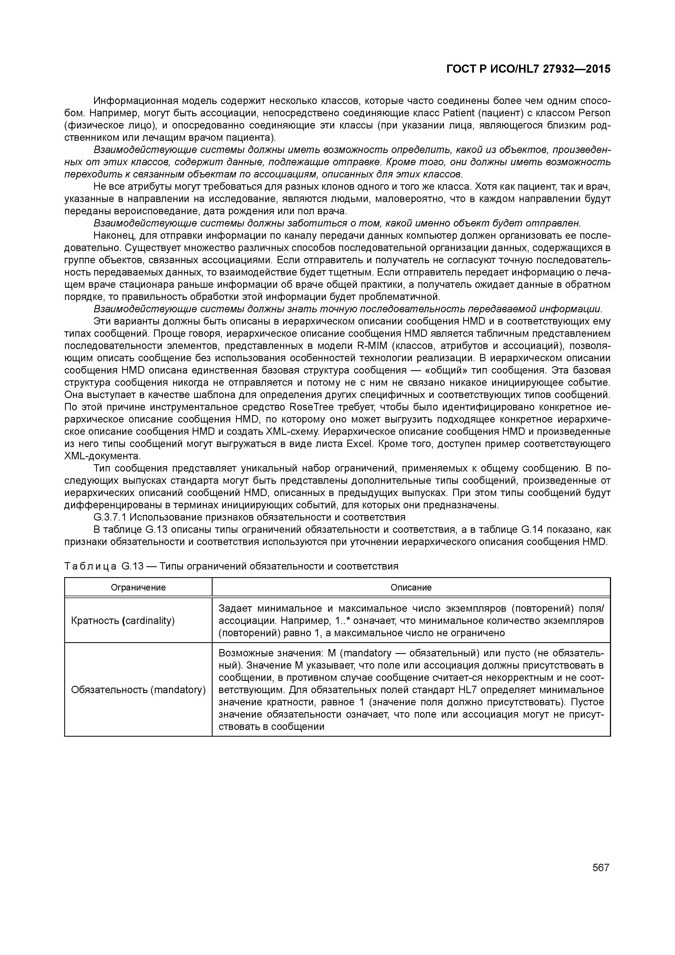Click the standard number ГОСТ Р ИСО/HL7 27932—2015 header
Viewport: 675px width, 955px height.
(x=528, y=69)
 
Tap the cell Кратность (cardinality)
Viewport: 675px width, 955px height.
(x=123, y=621)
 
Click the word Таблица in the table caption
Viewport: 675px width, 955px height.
(x=91, y=566)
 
